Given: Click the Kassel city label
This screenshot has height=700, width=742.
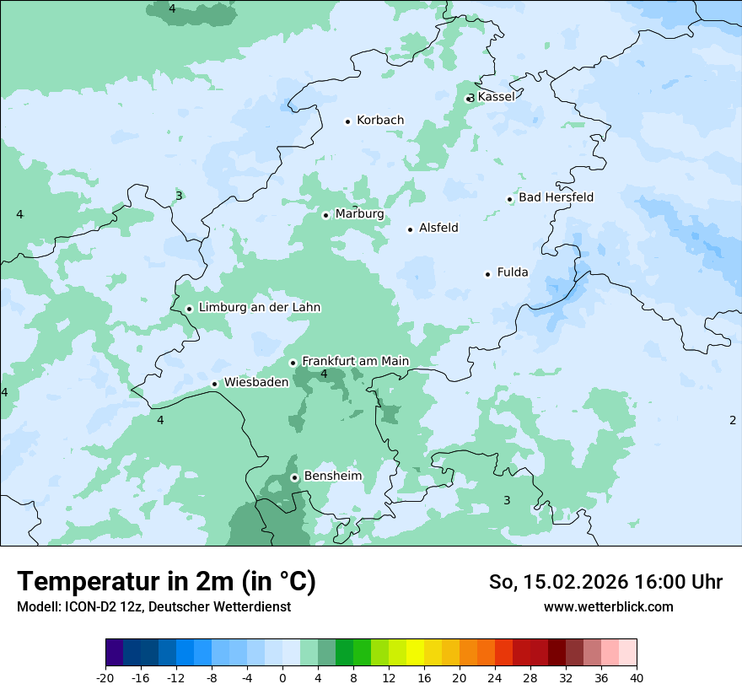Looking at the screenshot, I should [496, 97].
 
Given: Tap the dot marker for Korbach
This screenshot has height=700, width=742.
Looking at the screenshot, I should [347, 121].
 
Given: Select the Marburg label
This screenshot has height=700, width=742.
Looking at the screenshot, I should [359, 214].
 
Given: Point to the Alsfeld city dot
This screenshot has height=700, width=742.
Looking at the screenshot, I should [411, 229].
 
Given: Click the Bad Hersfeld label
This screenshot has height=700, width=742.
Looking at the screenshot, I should [556, 197].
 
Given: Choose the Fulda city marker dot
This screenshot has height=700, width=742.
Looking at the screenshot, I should [487, 274].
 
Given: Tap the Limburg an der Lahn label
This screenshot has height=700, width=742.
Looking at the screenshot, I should [260, 308].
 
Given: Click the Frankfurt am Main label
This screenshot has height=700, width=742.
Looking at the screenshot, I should [355, 361].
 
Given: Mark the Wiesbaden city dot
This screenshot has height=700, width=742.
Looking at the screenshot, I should [215, 385].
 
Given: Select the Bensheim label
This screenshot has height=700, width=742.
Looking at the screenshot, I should [332, 476].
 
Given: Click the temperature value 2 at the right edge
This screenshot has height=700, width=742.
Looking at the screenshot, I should [732, 420].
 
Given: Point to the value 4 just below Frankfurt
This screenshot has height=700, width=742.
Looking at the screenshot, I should [324, 374].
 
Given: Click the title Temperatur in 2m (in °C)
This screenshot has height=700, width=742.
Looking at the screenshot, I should [166, 582].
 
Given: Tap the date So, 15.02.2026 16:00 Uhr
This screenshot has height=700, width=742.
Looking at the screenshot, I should [605, 582].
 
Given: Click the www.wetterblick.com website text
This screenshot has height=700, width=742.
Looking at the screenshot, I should [608, 606].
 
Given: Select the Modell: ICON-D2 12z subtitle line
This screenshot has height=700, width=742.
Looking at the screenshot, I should [153, 606].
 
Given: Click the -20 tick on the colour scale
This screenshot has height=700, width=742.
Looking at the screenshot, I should [105, 678].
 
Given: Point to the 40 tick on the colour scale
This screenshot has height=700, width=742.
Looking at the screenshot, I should [636, 678].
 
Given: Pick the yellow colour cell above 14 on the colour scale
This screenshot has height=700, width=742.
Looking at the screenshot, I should [415, 653].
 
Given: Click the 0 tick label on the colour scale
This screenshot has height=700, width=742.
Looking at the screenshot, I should [282, 678].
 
